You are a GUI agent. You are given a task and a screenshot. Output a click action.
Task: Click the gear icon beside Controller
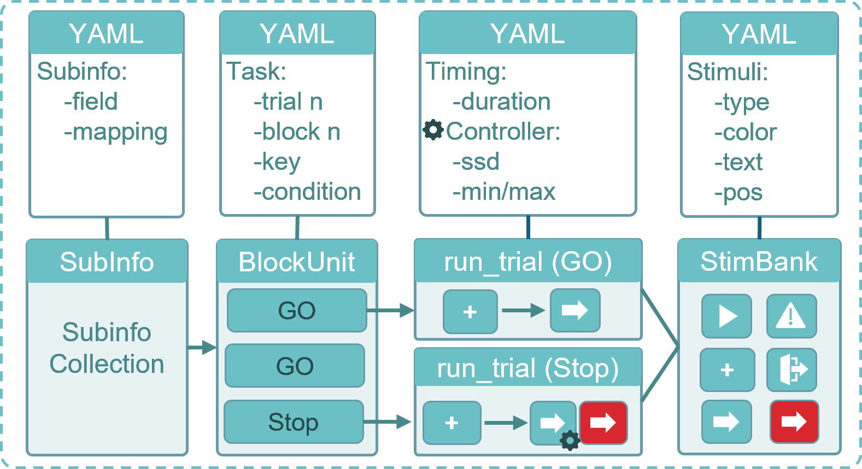point(433,130)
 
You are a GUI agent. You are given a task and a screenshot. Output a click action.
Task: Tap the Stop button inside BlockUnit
point(294,422)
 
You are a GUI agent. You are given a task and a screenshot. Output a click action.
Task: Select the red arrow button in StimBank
point(794,421)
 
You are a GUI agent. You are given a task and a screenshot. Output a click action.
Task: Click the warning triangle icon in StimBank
point(791,316)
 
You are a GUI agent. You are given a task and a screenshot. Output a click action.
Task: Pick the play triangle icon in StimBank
point(726,316)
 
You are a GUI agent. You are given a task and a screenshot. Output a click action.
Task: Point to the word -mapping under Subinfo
point(115,133)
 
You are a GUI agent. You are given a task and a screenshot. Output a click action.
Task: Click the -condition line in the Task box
point(307,192)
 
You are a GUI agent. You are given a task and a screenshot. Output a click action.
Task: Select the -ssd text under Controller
point(476,162)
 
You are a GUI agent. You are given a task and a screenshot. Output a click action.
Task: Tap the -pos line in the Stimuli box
point(738,193)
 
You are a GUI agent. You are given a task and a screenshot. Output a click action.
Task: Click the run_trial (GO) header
point(527,262)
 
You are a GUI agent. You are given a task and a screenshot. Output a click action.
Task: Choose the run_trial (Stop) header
point(527,368)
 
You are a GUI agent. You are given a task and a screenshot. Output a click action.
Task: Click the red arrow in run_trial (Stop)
point(603,423)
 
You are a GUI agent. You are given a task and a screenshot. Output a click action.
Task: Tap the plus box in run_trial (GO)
point(470,312)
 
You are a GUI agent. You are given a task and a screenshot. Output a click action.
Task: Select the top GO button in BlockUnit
point(297,311)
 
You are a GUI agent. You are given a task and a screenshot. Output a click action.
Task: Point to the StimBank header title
point(759,262)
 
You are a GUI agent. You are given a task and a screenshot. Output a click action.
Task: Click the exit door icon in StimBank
point(791,370)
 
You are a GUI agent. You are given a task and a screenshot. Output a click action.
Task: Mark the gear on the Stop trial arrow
point(570,440)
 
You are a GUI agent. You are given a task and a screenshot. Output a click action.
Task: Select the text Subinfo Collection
point(107,348)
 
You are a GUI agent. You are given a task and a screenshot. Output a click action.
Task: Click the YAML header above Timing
point(527,34)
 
